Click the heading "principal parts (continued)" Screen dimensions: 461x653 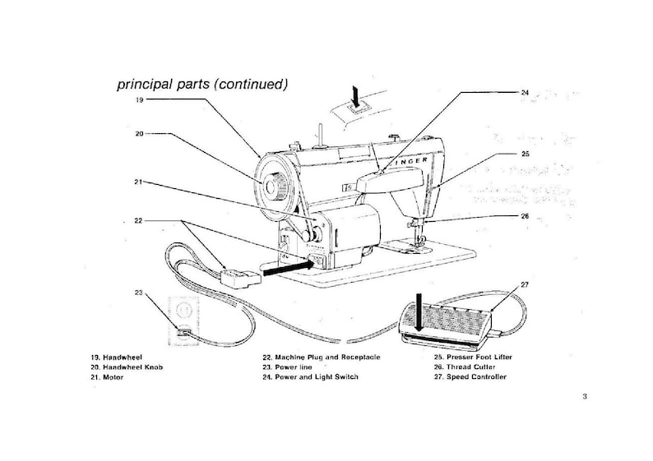point(201,84)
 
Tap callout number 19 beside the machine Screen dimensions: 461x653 point(140,99)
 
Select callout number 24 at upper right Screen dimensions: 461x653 point(525,93)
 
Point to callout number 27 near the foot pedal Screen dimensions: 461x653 point(525,284)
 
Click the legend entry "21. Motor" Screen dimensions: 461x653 point(108,377)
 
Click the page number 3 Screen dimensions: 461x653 point(584,398)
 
